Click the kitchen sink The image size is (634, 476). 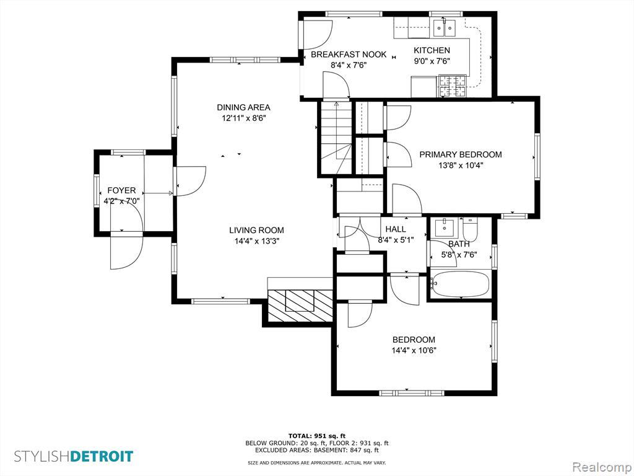pos(444,27)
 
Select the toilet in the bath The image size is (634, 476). pos(470,229)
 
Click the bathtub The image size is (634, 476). pos(460,284)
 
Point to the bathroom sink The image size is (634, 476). pos(445,227)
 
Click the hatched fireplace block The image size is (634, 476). pos(300,306)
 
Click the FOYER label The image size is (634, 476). pos(121,191)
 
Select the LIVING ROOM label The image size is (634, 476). pos(257,231)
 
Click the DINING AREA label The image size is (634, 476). pos(243,107)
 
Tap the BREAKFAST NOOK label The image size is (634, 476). pos(349,55)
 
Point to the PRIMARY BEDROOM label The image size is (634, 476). pos(461,154)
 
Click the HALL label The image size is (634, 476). pos(396,229)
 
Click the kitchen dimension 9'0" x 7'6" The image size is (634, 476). pos(432,61)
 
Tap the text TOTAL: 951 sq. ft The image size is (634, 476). pos(316,436)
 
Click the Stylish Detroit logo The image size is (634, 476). pos(74,456)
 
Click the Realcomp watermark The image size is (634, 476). pos(601,467)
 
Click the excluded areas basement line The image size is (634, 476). pos(316,450)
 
